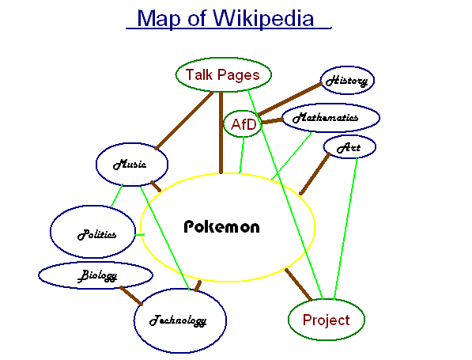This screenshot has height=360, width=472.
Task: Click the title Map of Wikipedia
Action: [x=225, y=19]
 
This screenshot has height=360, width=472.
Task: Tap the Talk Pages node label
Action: [x=222, y=75]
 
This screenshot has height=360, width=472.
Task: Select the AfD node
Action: [x=244, y=124]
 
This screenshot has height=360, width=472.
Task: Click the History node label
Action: [x=347, y=81]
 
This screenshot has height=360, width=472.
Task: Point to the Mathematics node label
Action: [x=326, y=117]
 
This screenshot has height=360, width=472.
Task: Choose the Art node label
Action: [x=349, y=148]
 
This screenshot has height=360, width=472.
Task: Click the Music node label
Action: [x=130, y=165]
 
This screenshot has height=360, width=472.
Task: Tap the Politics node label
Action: [x=96, y=234]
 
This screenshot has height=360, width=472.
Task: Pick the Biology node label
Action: [x=97, y=275]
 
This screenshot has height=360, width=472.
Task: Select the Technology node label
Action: [x=178, y=320]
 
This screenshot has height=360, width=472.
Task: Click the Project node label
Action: [x=326, y=320]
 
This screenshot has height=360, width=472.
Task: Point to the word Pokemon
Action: [x=221, y=226]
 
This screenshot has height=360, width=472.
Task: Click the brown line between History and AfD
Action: [x=290, y=99]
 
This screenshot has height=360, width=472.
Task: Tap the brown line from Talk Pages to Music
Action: [x=184, y=120]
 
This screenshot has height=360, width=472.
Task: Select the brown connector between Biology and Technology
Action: [x=131, y=296]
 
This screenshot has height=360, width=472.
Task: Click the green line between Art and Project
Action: [x=346, y=229]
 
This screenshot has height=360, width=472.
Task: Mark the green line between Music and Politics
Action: [x=117, y=195]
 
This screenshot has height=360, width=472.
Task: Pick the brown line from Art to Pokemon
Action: [x=315, y=174]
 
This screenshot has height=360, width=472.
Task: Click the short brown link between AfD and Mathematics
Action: [x=273, y=121]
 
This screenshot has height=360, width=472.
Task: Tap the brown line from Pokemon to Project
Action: [x=298, y=284]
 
